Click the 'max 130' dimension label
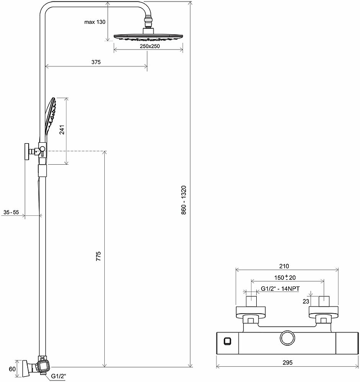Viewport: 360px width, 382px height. pyautogui.click(x=95, y=22)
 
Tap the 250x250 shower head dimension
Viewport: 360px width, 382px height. pyautogui.click(x=150, y=46)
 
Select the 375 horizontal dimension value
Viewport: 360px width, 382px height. pyautogui.click(x=96, y=62)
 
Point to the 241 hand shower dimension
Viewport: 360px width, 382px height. pyautogui.click(x=62, y=129)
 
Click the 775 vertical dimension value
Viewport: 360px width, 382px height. pyautogui.click(x=98, y=256)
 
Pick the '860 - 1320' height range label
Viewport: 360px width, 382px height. pyautogui.click(x=184, y=200)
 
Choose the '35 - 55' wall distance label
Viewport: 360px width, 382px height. pyautogui.click(x=11, y=212)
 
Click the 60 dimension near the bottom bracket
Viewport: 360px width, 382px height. pyautogui.click(x=12, y=369)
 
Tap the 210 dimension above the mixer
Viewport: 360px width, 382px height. pyautogui.click(x=284, y=266)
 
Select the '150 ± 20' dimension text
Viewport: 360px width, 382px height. pyautogui.click(x=285, y=277)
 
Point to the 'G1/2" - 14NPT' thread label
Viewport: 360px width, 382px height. pyautogui.click(x=280, y=289)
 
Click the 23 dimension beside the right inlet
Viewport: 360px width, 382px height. pyautogui.click(x=306, y=301)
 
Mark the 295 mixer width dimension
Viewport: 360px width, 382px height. pyautogui.click(x=287, y=362)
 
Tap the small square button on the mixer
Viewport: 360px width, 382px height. pyautogui.click(x=228, y=341)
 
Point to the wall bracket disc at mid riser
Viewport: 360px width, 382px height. pyautogui.click(x=27, y=151)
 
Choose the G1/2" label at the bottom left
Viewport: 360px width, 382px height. pyautogui.click(x=58, y=376)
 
